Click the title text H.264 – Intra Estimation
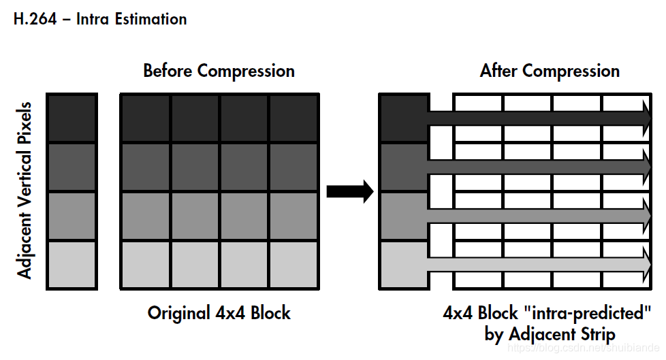100,19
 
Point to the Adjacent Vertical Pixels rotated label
25,191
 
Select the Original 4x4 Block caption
219,313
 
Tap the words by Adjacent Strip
550,334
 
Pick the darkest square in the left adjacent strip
72,118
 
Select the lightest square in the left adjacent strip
72,265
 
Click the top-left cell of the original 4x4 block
146,118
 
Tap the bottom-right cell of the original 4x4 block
294,265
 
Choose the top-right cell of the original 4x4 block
294,118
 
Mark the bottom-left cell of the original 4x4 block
146,265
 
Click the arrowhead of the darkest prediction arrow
645,118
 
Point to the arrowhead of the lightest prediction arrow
645,263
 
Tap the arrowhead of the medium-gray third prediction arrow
645,216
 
